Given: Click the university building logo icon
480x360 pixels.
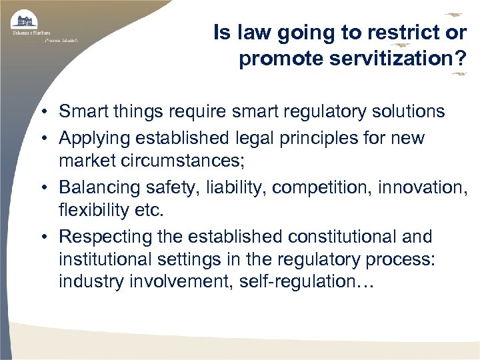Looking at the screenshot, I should tap(24, 19).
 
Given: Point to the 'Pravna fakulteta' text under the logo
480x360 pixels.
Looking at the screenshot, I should tap(61, 40).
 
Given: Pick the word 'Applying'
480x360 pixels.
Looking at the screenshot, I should tap(93, 137).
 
